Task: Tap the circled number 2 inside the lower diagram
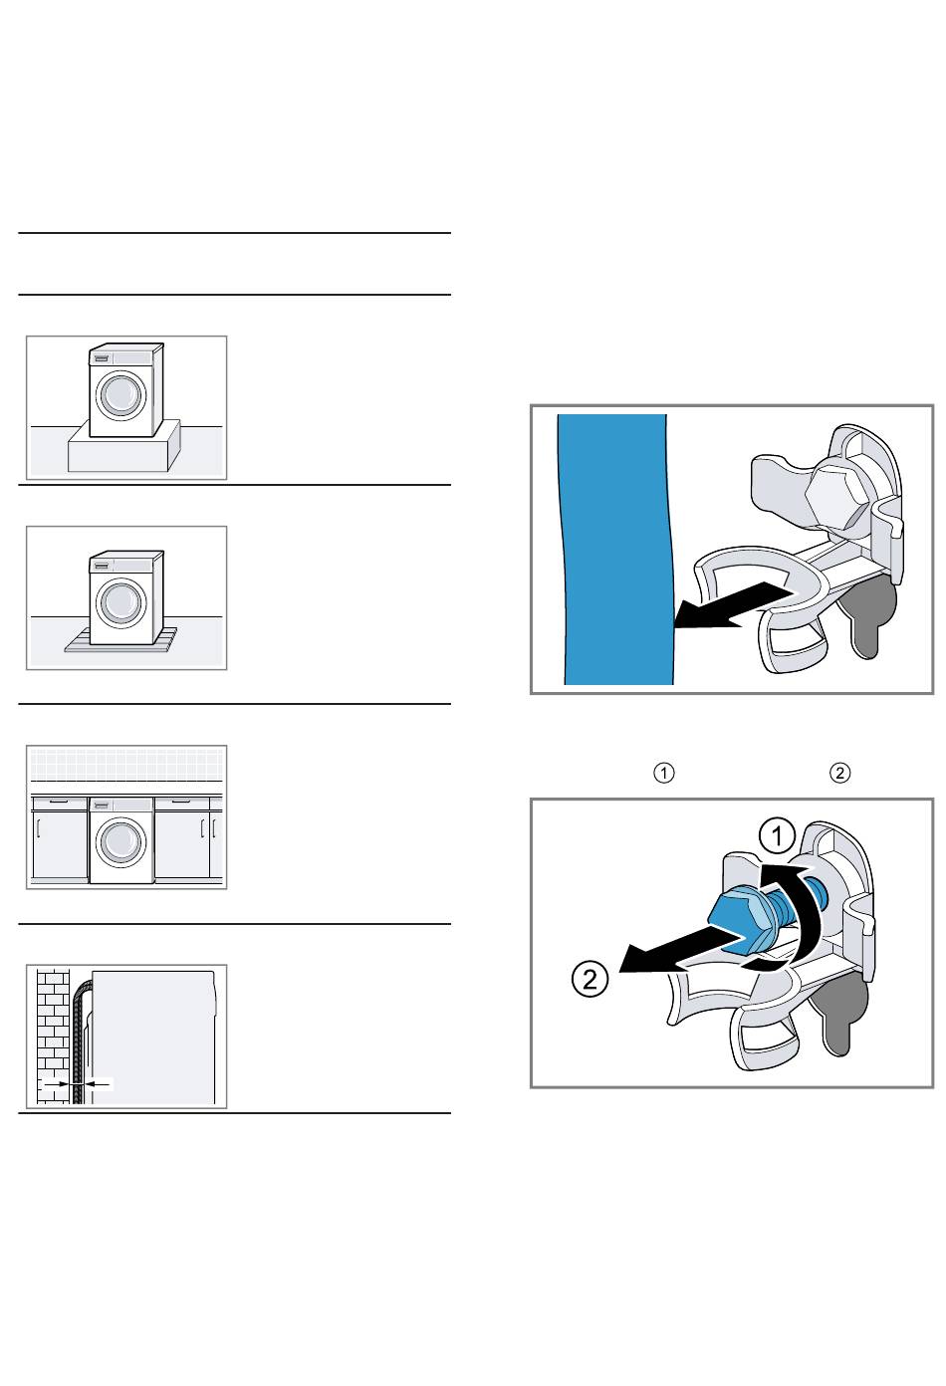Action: [590, 980]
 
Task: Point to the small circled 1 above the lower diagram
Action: [664, 773]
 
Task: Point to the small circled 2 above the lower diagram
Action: [840, 773]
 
